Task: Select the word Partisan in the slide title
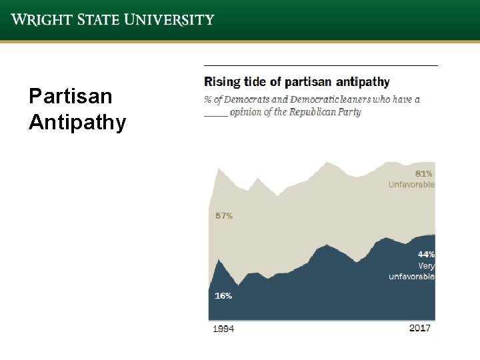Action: point(71,97)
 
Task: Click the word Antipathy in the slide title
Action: point(77,123)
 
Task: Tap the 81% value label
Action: point(424,173)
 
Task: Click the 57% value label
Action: point(224,216)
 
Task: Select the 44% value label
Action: point(426,254)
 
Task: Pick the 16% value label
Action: point(223,295)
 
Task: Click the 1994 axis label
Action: point(223,329)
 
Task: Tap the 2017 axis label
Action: point(419,328)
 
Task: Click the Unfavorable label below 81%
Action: point(411,184)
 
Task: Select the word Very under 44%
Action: point(426,265)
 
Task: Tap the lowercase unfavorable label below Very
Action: point(411,276)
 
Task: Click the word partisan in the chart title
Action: point(309,83)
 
